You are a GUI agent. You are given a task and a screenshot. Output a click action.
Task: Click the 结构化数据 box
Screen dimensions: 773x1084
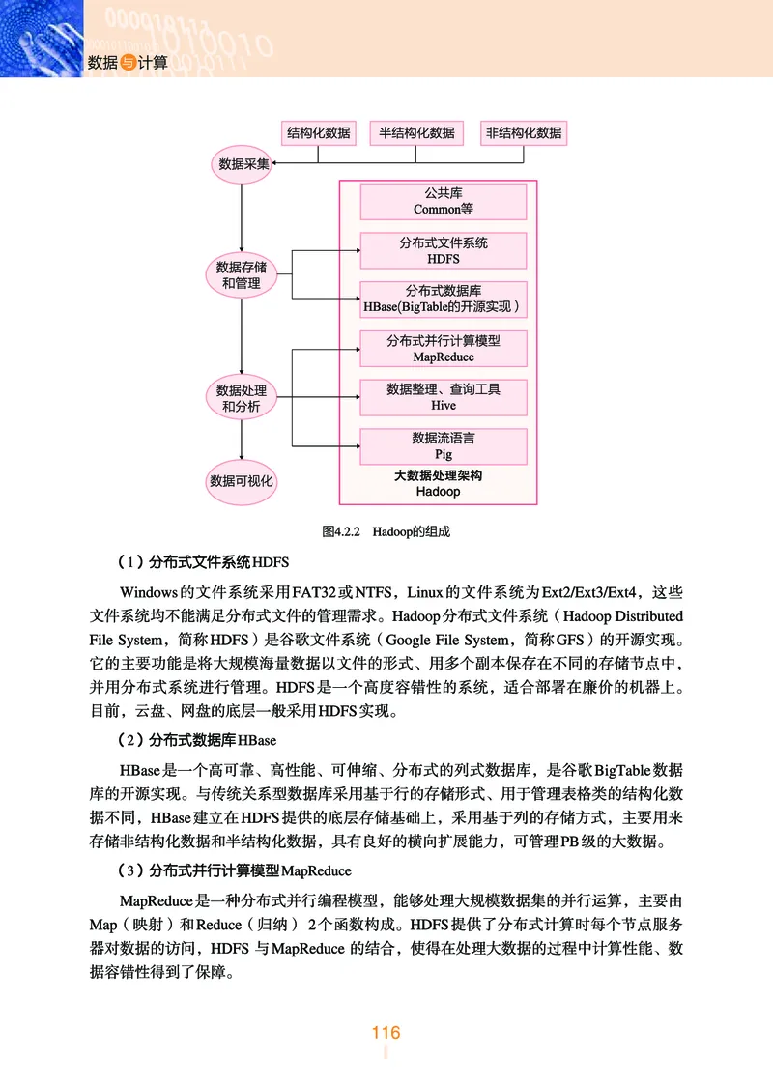318,132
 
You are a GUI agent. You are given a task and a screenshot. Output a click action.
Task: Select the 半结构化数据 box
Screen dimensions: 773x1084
416,132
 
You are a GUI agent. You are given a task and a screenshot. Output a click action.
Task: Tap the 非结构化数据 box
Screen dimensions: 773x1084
523,132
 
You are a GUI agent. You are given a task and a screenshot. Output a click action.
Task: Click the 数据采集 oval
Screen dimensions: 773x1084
241,165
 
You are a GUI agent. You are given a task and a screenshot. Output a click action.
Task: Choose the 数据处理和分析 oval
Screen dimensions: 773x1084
242,398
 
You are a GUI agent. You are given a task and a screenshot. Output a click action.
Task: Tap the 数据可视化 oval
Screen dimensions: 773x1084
242,480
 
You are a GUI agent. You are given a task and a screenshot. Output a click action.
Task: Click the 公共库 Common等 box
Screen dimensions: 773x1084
444,201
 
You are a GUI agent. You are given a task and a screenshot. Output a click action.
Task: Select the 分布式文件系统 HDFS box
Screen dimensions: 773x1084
444,251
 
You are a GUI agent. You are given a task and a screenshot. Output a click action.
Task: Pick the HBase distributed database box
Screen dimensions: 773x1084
444,300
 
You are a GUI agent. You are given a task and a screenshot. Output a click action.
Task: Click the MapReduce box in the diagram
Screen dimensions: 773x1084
444,349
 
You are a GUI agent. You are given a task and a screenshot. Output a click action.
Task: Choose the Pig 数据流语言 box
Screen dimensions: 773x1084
444,446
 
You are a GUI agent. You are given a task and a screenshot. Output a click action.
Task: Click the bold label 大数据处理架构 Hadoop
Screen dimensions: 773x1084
438,483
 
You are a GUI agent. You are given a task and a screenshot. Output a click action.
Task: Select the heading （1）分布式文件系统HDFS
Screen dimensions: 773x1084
202,562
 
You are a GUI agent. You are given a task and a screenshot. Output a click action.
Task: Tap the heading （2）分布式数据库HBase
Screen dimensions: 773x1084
195,741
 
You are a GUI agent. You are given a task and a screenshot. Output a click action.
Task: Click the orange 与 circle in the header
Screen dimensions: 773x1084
129,63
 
